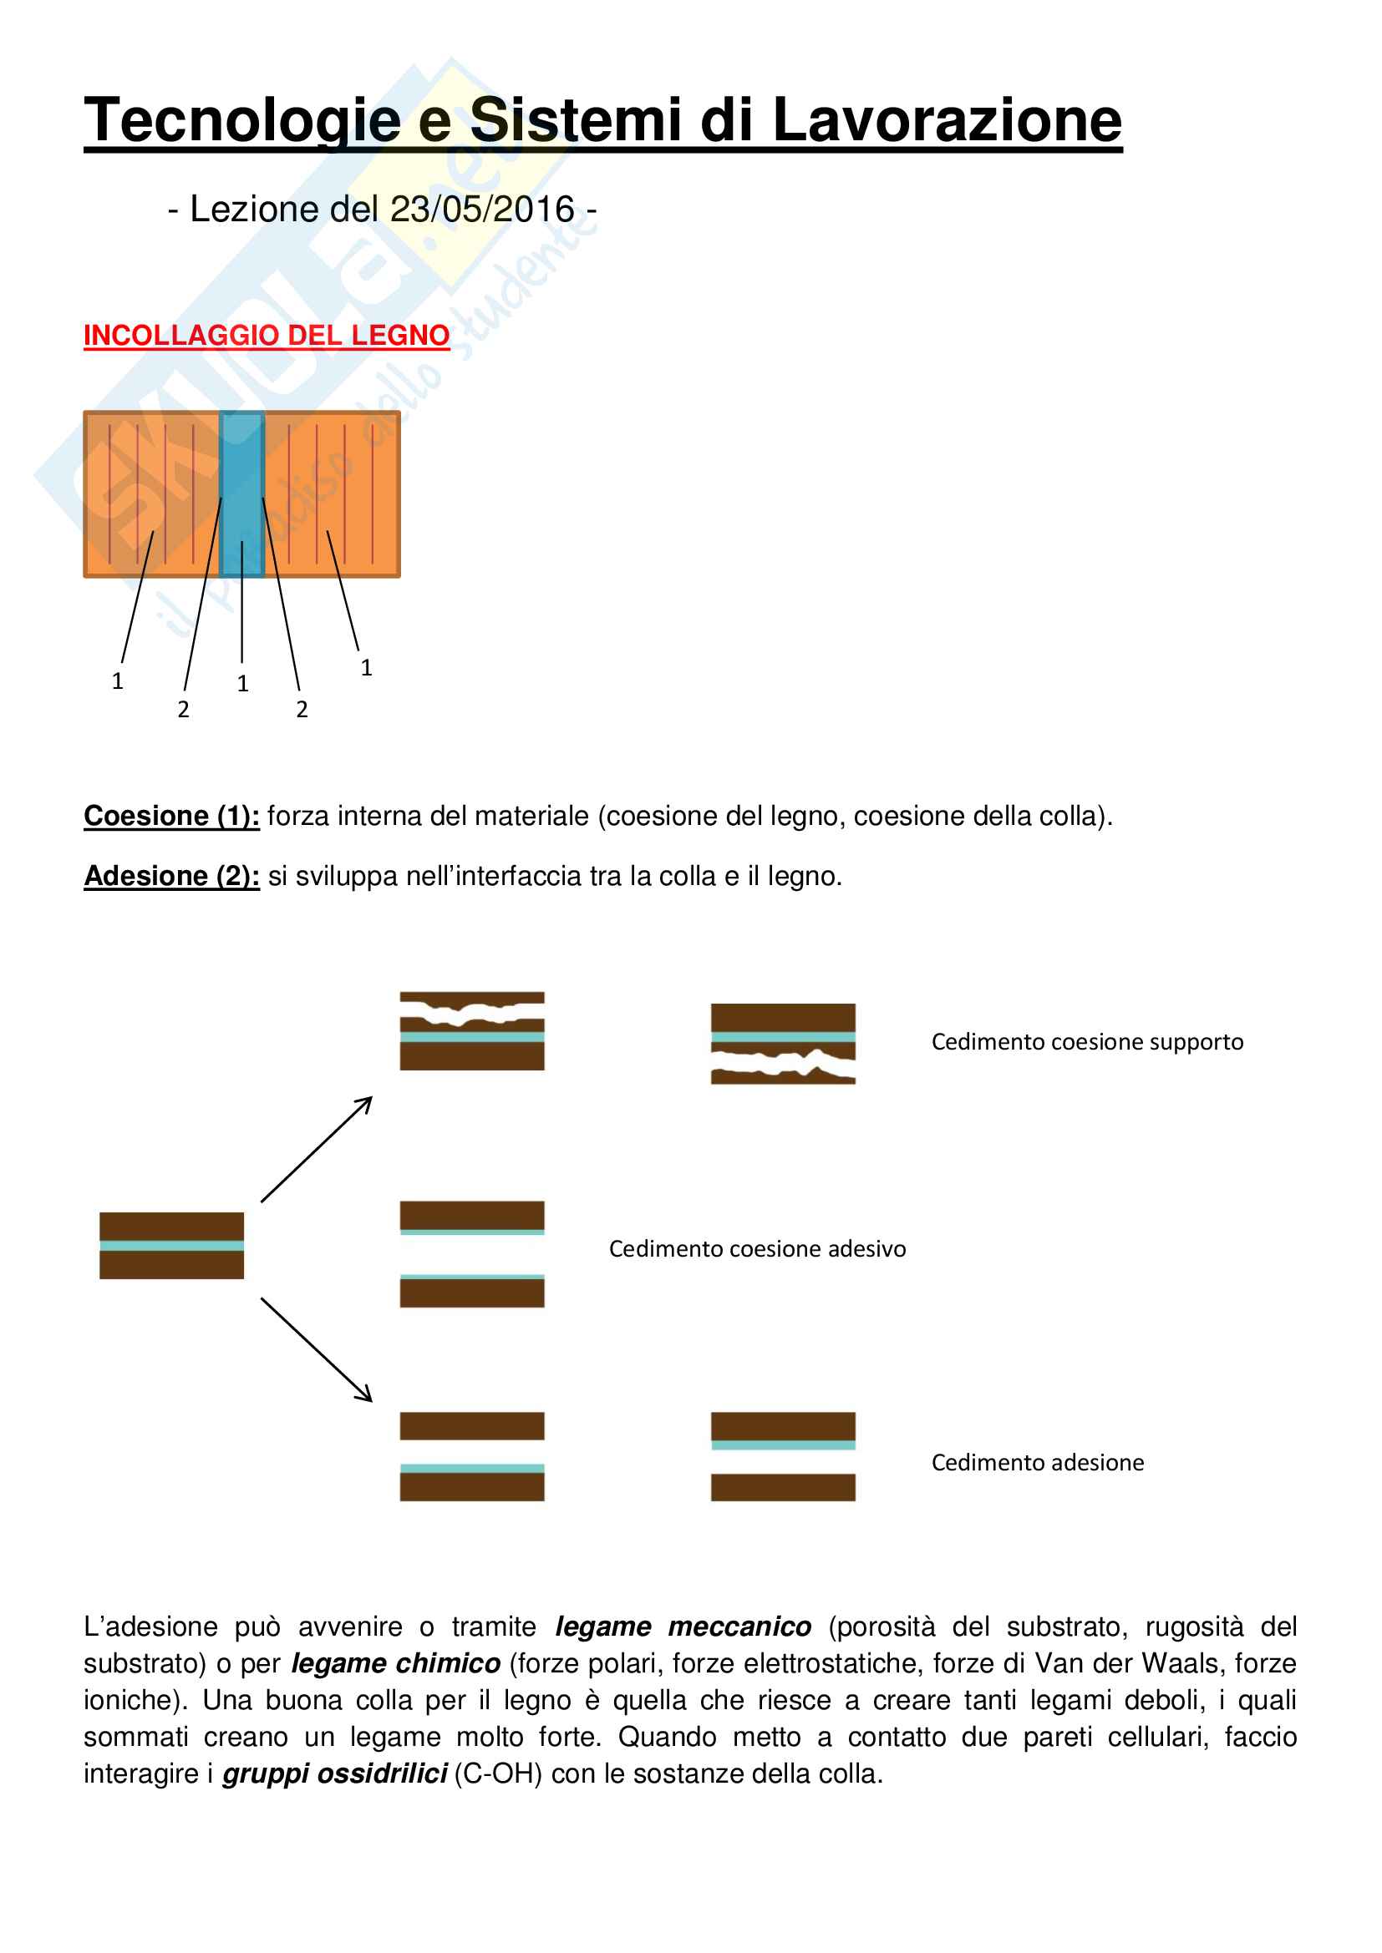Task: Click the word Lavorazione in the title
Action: click(x=947, y=120)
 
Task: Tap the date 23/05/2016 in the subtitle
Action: click(x=481, y=210)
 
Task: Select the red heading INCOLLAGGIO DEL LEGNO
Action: click(x=267, y=336)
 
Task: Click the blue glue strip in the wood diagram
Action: click(x=241, y=493)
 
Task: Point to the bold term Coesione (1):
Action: click(x=171, y=816)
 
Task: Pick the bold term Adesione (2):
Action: click(x=171, y=876)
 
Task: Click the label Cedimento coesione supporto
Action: click(x=1087, y=1042)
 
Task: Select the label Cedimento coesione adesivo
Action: click(x=756, y=1248)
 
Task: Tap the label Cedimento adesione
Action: click(x=1038, y=1463)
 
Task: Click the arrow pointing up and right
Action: click(x=317, y=1148)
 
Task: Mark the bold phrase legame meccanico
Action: click(x=683, y=1627)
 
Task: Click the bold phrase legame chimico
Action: click(x=396, y=1664)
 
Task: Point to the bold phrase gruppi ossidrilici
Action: click(x=334, y=1774)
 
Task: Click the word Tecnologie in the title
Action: click(x=242, y=120)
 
